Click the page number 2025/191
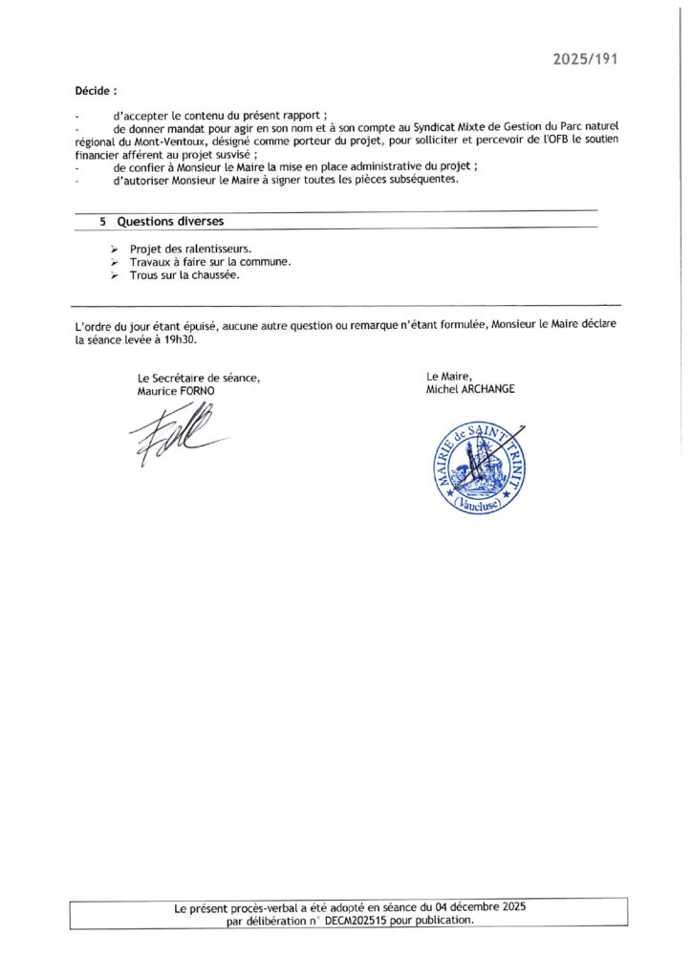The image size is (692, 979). [586, 58]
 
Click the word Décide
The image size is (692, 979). [96, 92]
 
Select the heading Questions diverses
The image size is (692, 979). [170, 221]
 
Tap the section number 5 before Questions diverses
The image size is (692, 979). [102, 221]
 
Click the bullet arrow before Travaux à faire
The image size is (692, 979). [114, 262]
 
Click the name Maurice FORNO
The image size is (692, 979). [177, 390]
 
